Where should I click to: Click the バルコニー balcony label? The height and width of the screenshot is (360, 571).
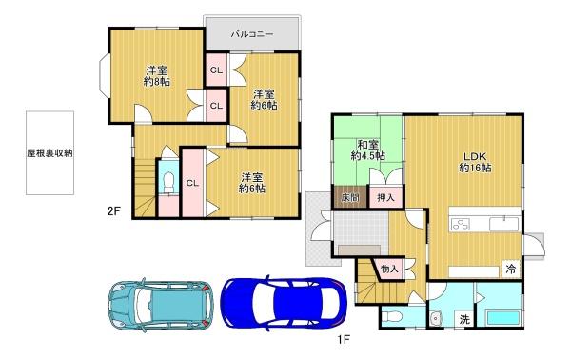pos(252,34)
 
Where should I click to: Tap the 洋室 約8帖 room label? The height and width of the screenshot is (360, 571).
pos(157,76)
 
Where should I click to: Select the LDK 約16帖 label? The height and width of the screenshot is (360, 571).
pos(475,162)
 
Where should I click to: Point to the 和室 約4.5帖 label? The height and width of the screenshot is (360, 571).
pos(367,150)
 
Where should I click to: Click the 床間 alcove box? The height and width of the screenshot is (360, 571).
pos(350,197)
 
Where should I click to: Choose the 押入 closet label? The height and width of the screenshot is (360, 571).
pos(385,198)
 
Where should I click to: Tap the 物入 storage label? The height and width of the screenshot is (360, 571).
pos(389,270)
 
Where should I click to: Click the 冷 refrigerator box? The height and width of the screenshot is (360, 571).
pos(511,270)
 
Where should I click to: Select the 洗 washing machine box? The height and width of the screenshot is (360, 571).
pos(464,320)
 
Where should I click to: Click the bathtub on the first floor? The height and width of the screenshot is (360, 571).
pos(502,318)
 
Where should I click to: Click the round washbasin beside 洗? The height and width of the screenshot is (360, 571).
pos(435,318)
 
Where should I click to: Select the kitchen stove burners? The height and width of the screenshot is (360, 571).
pos(461,224)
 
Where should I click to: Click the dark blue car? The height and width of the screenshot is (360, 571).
pos(285,303)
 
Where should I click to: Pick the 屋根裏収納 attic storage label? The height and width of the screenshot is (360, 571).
pos(49,153)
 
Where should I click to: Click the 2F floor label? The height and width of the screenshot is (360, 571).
pos(113,211)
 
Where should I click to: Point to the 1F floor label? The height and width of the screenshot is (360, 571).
pos(344,340)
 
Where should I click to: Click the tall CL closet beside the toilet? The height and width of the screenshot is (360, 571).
pos(192,183)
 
